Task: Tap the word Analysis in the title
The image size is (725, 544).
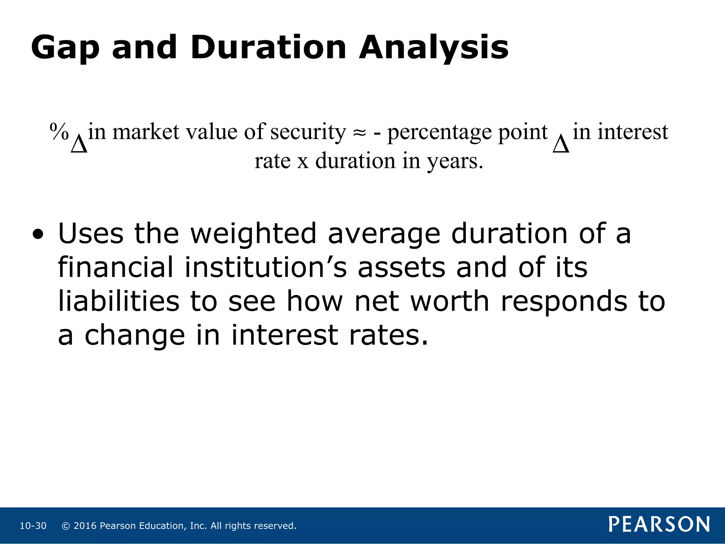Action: pos(434,48)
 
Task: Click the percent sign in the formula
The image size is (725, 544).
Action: pos(59,132)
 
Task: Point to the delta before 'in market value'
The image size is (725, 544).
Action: pos(79,144)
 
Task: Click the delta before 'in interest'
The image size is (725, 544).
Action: pos(561,144)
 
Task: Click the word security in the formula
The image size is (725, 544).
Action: pos(308,132)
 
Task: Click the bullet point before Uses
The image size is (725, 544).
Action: pos(38,234)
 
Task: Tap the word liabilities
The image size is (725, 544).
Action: pos(119,301)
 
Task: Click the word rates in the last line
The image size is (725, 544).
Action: pos(388,335)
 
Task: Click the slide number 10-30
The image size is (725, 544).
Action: pos(33,526)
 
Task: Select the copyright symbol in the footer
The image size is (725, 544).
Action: pos(65,526)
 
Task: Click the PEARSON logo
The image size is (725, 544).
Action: pos(659,524)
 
